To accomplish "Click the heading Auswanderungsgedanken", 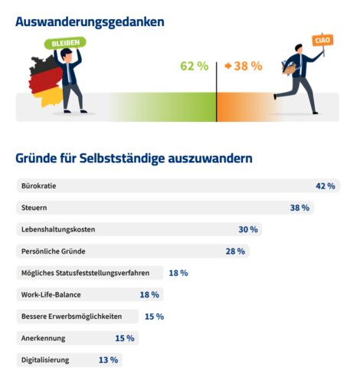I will point(90,21).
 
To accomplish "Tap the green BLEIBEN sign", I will point(66,44).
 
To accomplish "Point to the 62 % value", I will point(194,66).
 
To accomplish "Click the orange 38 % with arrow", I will point(243,66).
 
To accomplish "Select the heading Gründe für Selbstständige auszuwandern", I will point(134,159).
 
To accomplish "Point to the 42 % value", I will point(326,185).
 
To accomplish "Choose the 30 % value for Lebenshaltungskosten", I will point(247,229).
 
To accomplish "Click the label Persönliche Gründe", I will point(53,251).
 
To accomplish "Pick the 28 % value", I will point(234,251).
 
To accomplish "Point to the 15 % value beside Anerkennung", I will point(124,338).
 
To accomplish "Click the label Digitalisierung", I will point(45,359).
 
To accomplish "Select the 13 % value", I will point(108,359).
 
